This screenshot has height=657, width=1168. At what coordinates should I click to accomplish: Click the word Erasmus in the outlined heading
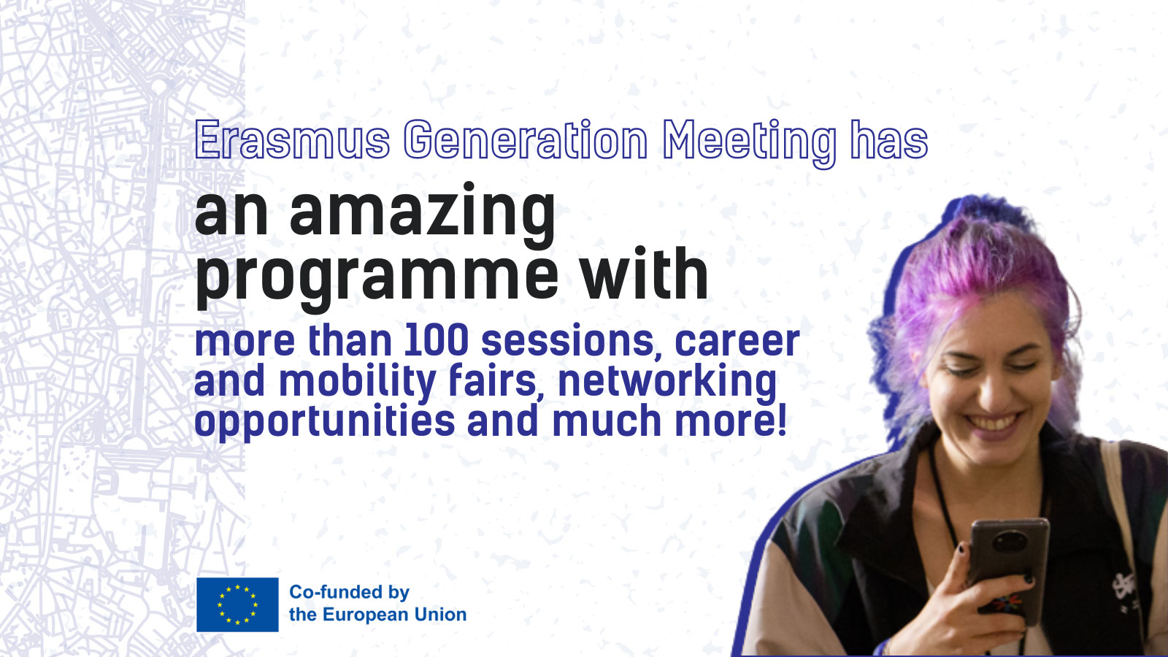click(x=293, y=139)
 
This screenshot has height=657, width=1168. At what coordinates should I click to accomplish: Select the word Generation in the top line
click(x=526, y=139)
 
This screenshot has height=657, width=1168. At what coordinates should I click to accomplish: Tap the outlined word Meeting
click(x=749, y=143)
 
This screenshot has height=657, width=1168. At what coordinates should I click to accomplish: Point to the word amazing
click(x=423, y=215)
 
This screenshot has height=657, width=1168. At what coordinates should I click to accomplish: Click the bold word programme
click(x=377, y=280)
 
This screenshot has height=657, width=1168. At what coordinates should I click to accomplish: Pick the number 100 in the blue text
click(x=437, y=340)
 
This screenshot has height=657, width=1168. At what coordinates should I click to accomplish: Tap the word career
click(x=737, y=342)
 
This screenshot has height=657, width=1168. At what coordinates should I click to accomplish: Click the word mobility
click(x=357, y=383)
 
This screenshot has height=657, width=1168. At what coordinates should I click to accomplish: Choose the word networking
click(x=667, y=383)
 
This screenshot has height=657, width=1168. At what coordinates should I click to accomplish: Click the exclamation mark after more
click(x=781, y=419)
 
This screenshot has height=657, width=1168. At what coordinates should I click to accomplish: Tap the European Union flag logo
click(x=237, y=604)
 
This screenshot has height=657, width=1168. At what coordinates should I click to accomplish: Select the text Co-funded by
click(x=350, y=592)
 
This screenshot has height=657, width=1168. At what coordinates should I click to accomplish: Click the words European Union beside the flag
click(x=394, y=614)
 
